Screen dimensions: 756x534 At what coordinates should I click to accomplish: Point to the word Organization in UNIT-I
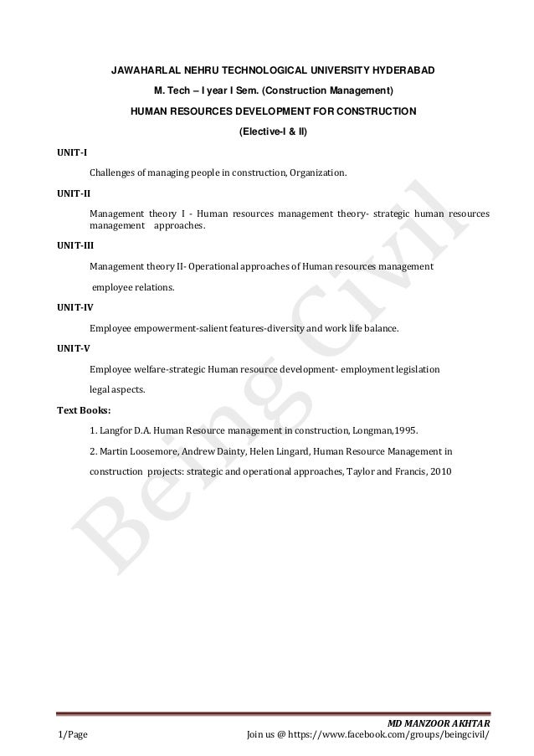click(x=319, y=173)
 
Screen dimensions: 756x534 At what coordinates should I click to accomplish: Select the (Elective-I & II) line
click(x=273, y=131)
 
